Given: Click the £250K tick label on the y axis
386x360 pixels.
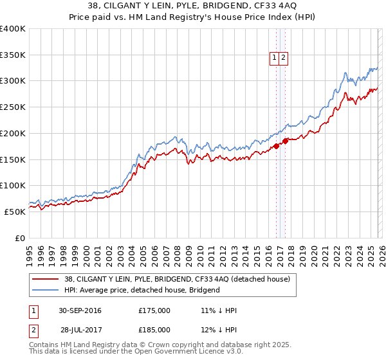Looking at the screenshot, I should click(13, 107).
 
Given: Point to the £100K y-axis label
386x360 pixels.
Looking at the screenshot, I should click(13, 186).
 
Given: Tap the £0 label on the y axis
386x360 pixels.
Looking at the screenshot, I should click(20, 238).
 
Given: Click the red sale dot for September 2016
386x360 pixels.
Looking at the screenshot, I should click(276, 146).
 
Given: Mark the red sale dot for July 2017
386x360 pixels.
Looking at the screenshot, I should click(285, 141).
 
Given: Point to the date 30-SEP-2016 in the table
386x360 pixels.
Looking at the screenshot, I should click(79, 310).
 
